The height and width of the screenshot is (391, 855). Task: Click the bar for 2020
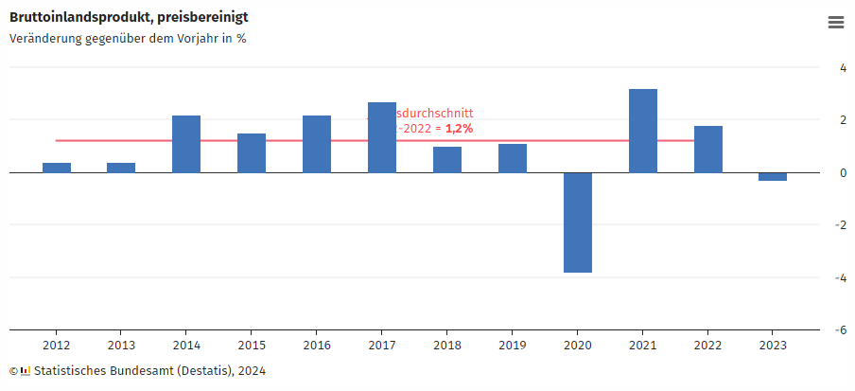(578, 222)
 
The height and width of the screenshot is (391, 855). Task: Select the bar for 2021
(643, 131)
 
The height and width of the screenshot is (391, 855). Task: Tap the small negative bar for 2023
(773, 177)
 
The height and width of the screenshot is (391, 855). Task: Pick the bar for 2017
(382, 137)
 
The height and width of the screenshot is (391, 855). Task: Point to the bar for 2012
(57, 168)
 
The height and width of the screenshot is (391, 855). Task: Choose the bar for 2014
(186, 144)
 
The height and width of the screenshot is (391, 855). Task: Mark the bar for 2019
(513, 158)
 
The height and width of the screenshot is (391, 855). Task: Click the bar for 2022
(708, 150)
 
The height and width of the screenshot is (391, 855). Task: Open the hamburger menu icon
(836, 23)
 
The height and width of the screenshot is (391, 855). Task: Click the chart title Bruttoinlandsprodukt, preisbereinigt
(130, 17)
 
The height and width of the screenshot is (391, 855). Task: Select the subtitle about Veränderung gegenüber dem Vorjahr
(128, 39)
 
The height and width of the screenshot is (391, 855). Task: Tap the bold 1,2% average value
(459, 128)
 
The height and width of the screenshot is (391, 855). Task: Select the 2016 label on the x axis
(317, 346)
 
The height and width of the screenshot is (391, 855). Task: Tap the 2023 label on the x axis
(773, 346)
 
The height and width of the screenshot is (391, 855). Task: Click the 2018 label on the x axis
(447, 346)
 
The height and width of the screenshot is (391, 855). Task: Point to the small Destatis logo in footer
(26, 371)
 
